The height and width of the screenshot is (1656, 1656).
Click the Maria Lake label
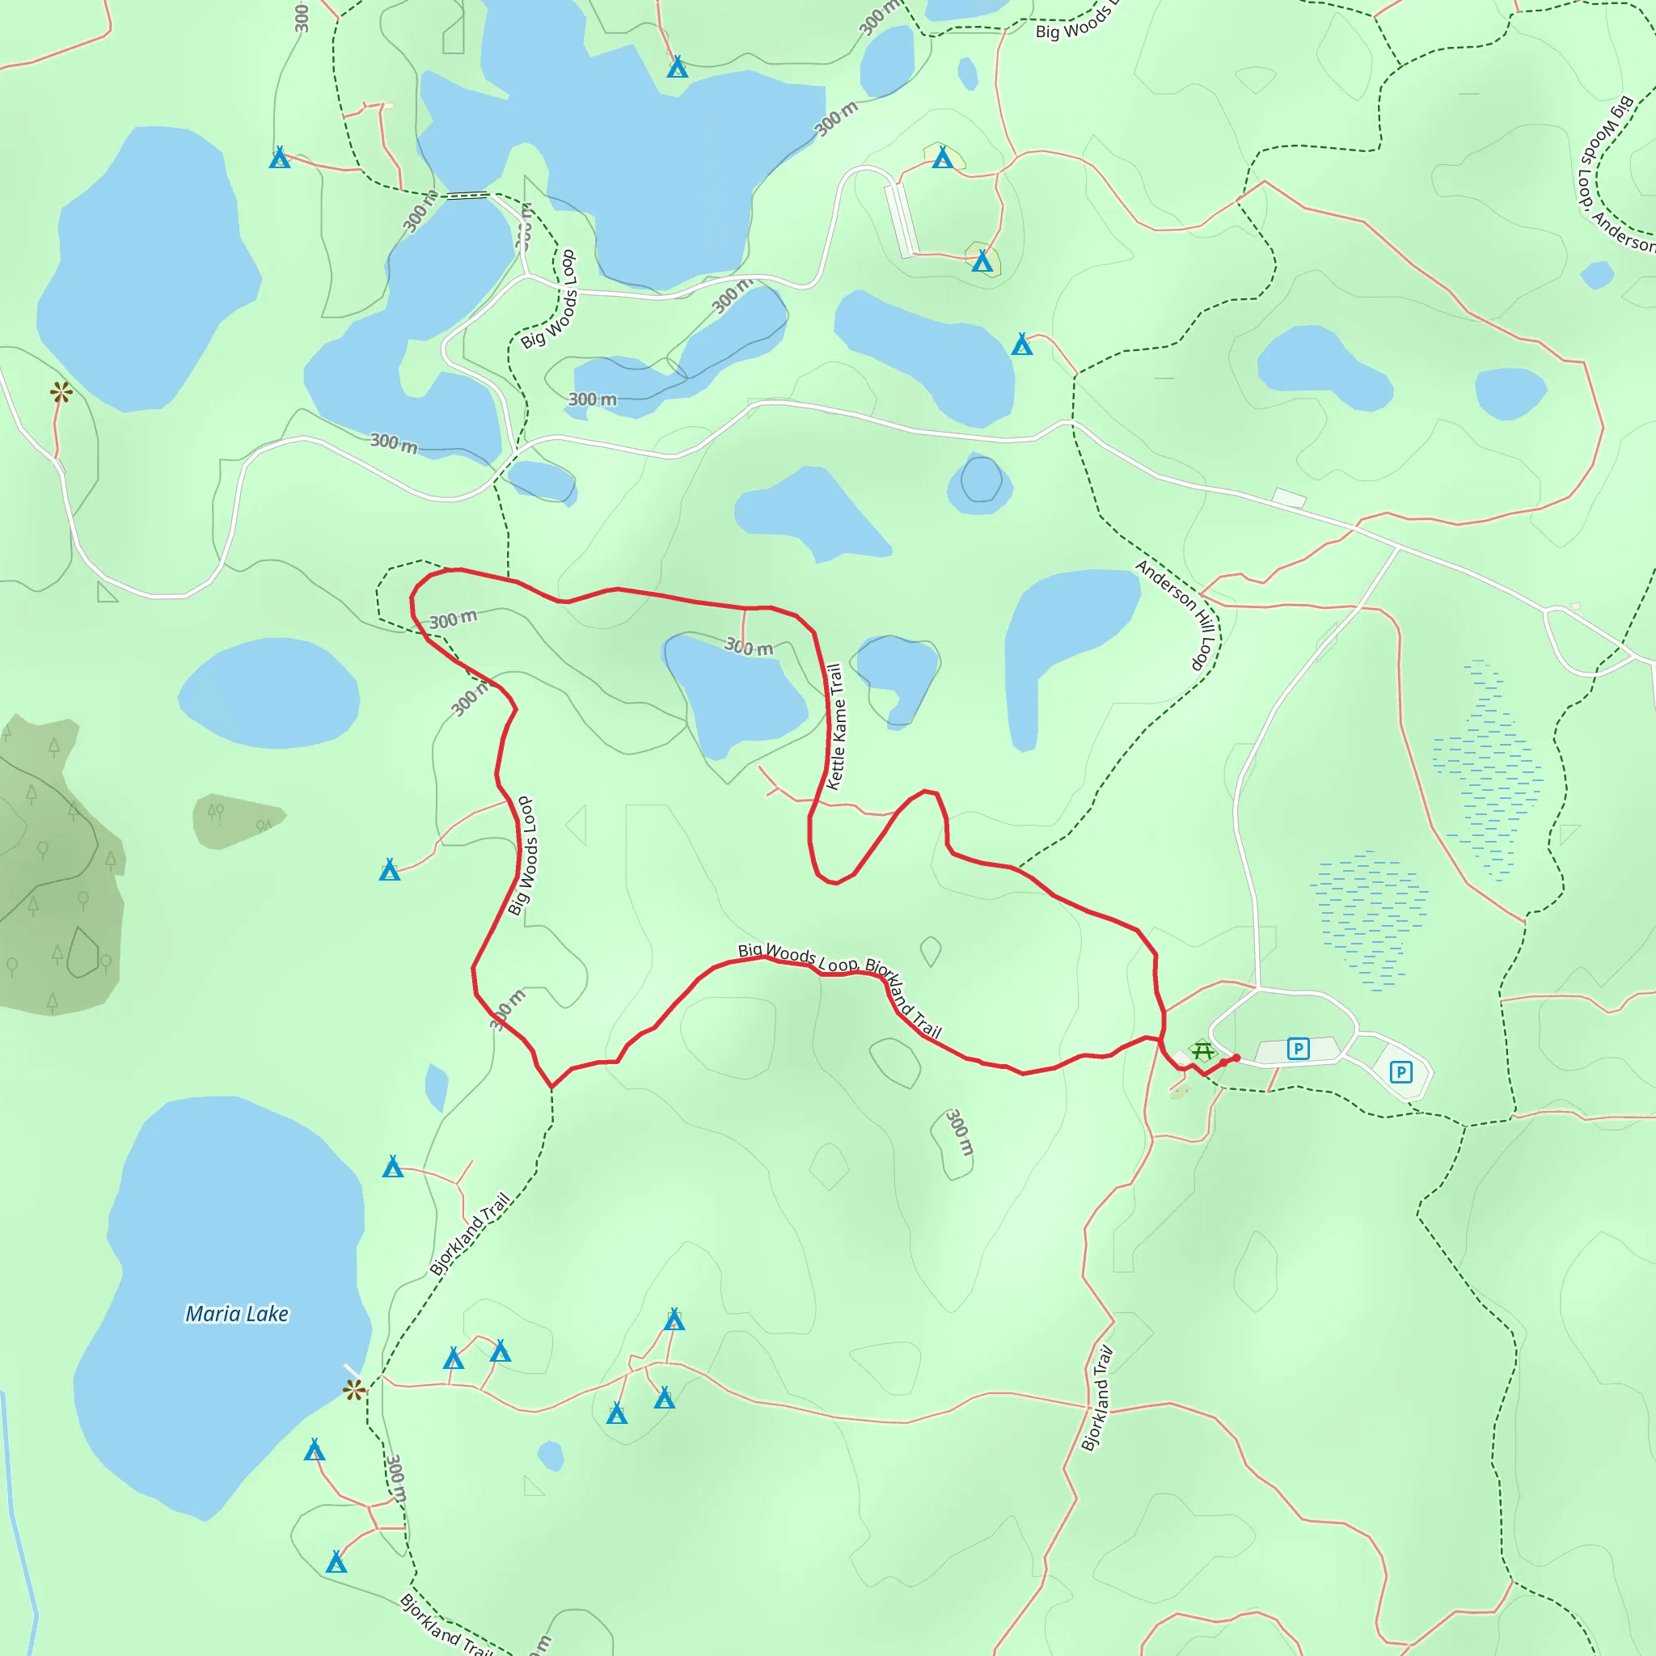click(x=237, y=1314)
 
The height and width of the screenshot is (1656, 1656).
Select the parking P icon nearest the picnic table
click(x=1298, y=1048)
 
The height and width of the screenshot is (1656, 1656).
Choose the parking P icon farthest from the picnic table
click(x=1400, y=1071)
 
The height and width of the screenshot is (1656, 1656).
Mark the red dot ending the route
click(x=1236, y=1058)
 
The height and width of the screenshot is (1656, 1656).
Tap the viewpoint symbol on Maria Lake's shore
click(x=353, y=1389)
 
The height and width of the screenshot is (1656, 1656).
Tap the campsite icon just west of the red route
click(x=390, y=870)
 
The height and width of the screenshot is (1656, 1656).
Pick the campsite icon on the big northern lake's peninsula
click(x=677, y=67)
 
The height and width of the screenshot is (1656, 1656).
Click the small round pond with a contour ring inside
click(x=981, y=482)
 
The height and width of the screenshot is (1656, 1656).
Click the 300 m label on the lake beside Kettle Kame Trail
click(x=748, y=647)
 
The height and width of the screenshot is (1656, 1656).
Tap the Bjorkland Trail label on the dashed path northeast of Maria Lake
click(x=470, y=1233)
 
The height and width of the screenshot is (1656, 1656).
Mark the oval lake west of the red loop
click(x=268, y=694)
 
